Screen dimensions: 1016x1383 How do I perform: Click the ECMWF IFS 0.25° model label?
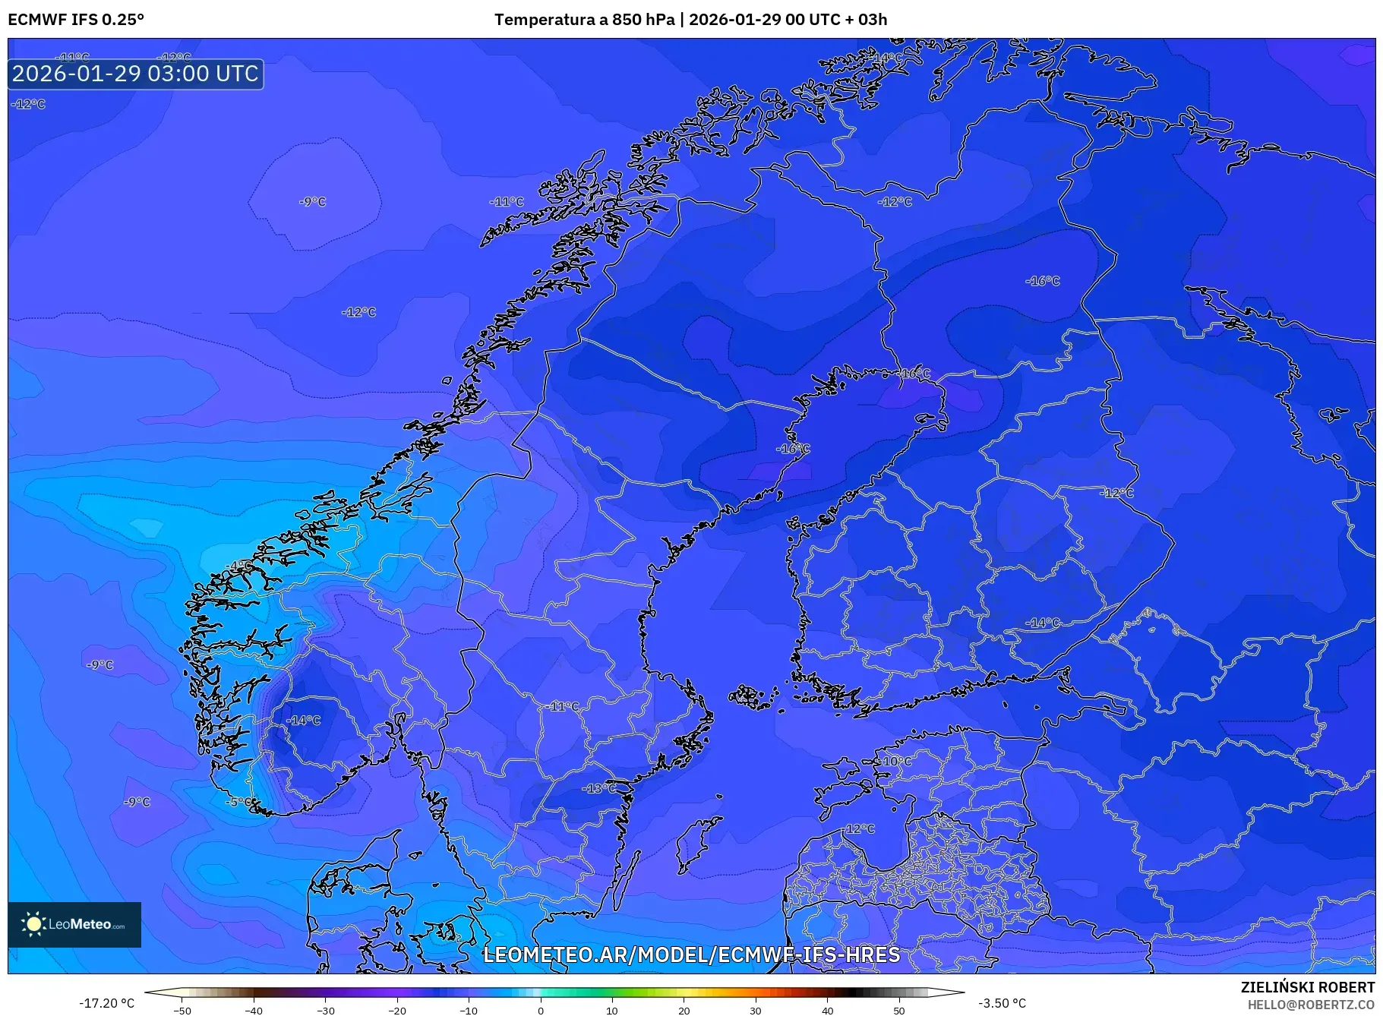[76, 20]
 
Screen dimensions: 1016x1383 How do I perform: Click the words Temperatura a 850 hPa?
[584, 20]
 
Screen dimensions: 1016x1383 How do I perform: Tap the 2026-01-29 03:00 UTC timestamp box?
[136, 74]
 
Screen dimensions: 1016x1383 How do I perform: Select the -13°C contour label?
[598, 788]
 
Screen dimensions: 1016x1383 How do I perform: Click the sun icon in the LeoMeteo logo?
[33, 924]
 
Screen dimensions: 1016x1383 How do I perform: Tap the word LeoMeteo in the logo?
[80, 925]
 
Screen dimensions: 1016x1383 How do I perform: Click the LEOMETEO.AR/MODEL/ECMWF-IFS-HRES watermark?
[691, 954]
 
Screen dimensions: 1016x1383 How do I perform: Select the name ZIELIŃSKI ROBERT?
[1307, 987]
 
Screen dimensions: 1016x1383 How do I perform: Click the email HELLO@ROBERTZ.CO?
[1311, 1005]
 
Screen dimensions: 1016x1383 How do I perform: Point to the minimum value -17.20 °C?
[107, 1003]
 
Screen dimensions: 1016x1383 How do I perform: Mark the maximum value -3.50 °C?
[1002, 1003]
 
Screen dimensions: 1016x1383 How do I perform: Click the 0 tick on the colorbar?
[541, 1011]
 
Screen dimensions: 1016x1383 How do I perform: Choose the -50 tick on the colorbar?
[182, 1011]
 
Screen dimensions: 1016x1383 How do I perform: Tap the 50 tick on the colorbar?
[899, 1011]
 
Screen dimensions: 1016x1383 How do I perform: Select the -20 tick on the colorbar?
[397, 1011]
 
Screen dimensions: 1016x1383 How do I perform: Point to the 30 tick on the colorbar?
[756, 1011]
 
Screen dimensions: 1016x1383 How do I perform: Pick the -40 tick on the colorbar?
[254, 1011]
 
